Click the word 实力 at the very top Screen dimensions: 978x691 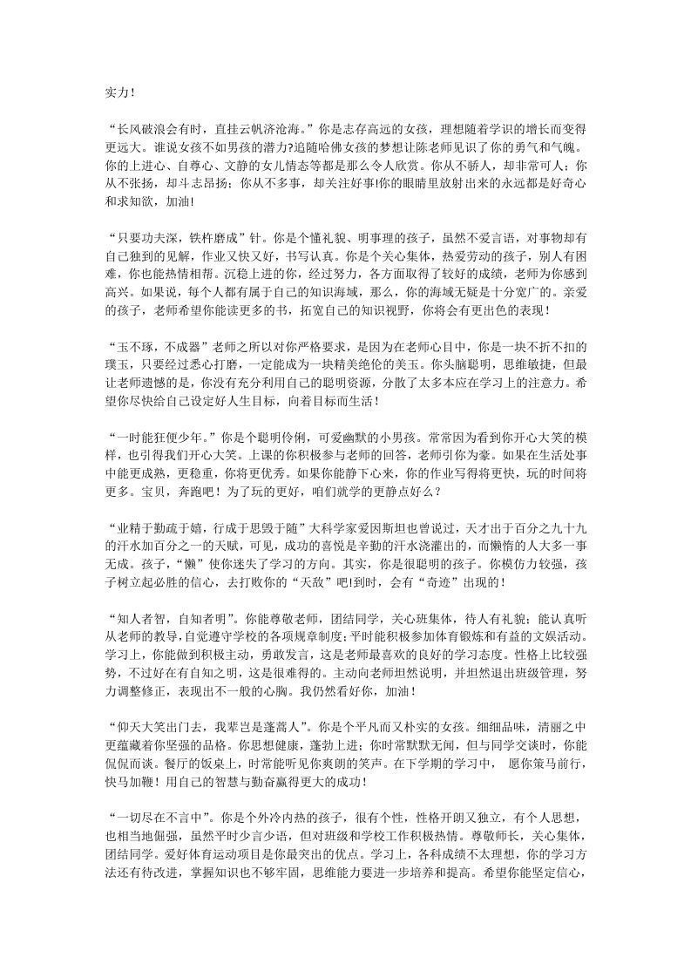[x=115, y=90]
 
